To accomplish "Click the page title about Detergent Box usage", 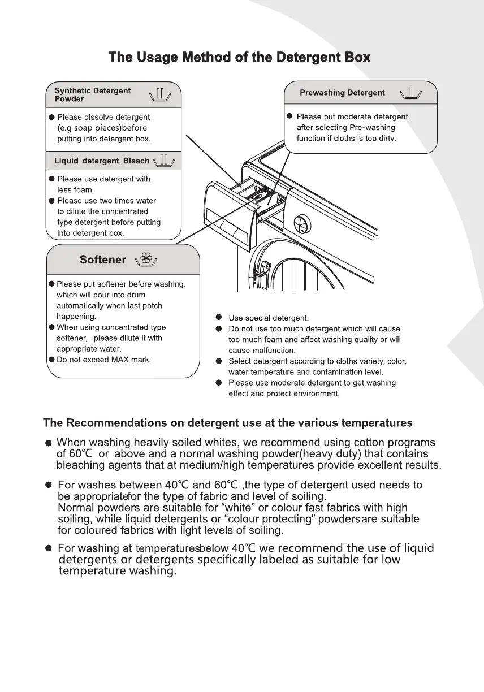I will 240,57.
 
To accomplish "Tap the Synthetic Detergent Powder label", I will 92,94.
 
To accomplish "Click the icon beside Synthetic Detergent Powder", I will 160,94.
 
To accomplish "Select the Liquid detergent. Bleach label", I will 102,161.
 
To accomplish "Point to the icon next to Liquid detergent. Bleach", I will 165,160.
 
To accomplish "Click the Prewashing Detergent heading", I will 342,93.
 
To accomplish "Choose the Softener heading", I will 103,259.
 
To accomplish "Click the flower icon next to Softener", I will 146,259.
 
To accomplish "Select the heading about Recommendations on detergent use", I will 228,423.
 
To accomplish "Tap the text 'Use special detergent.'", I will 269,318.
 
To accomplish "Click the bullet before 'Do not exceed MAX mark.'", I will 52,360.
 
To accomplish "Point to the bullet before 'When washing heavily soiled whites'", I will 49,443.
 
